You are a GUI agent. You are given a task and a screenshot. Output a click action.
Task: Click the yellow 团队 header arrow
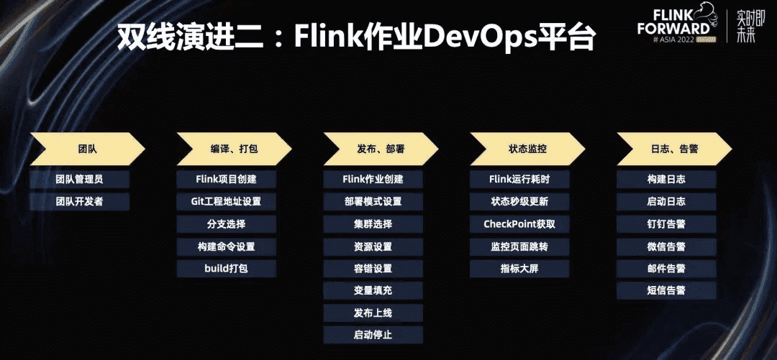(87, 149)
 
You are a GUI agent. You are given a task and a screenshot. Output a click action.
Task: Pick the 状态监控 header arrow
(523, 149)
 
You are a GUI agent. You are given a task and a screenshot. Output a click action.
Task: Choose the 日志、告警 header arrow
(670, 149)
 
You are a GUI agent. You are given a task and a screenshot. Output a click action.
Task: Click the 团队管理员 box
(79, 179)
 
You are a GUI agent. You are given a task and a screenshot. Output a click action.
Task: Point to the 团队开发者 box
(79, 201)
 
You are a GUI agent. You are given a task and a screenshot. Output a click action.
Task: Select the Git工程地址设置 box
(227, 201)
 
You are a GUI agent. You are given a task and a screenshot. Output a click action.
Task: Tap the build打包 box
(227, 269)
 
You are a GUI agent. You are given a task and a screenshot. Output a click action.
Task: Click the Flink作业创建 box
(373, 179)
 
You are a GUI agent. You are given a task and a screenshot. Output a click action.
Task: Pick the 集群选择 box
(373, 223)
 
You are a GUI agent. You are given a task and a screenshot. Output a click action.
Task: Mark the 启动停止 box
(373, 335)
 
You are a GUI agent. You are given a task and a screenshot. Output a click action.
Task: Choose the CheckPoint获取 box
(519, 223)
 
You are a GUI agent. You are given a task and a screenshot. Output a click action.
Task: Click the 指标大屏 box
(519, 269)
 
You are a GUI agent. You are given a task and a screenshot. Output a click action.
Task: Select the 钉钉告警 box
(666, 223)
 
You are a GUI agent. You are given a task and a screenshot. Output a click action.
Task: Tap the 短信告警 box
(666, 290)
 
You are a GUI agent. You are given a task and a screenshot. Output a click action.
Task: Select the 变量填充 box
(373, 290)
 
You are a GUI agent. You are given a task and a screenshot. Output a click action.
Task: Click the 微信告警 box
(666, 246)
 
